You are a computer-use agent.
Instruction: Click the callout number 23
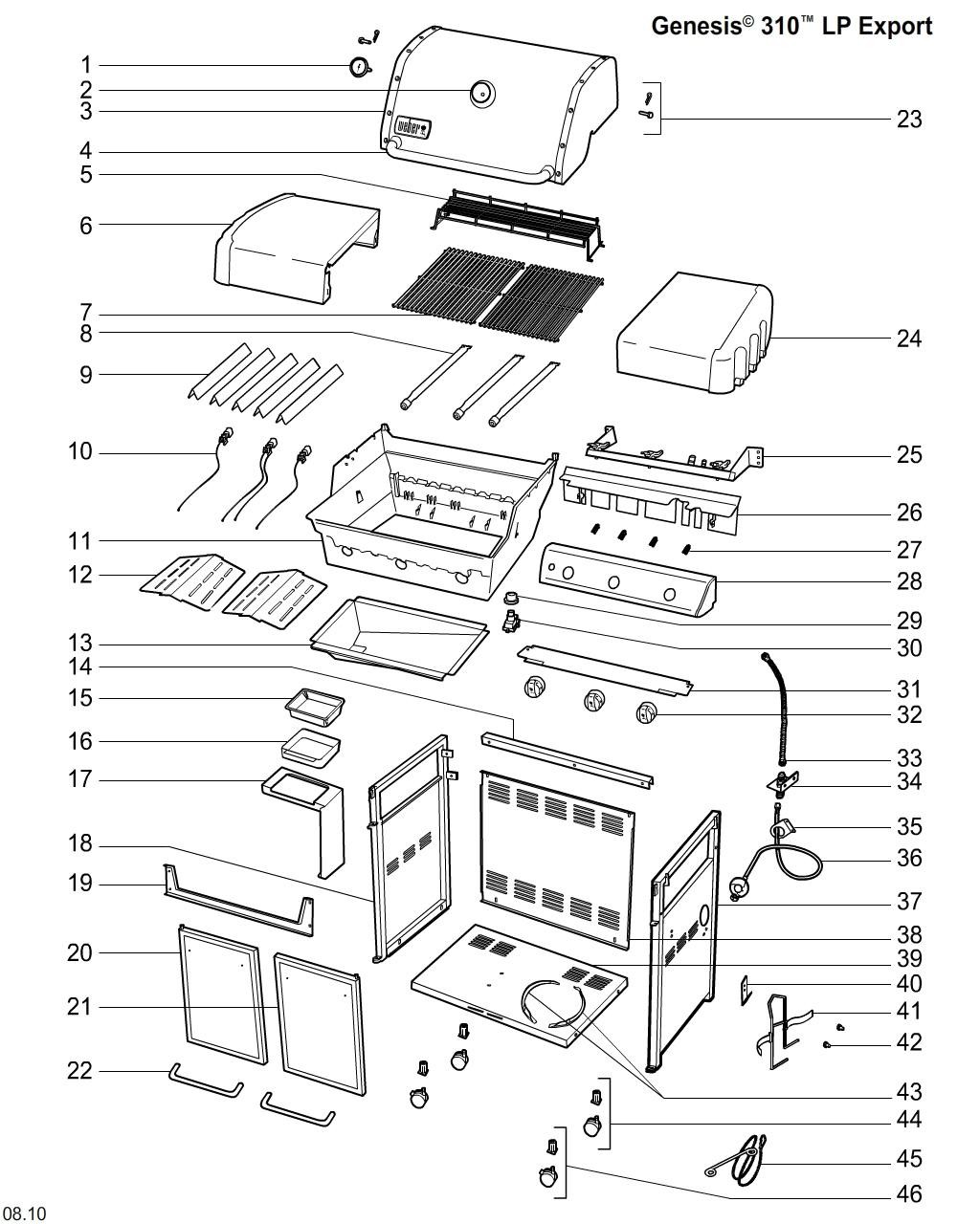[908, 120]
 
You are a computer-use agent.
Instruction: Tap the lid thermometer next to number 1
[361, 67]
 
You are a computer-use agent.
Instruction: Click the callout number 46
[908, 1194]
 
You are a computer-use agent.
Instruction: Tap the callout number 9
[86, 375]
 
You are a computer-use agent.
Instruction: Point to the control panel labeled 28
[627, 579]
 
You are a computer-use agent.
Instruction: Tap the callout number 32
[908, 714]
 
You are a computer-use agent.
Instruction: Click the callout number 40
[908, 984]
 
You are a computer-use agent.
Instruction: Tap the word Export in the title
[895, 26]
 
